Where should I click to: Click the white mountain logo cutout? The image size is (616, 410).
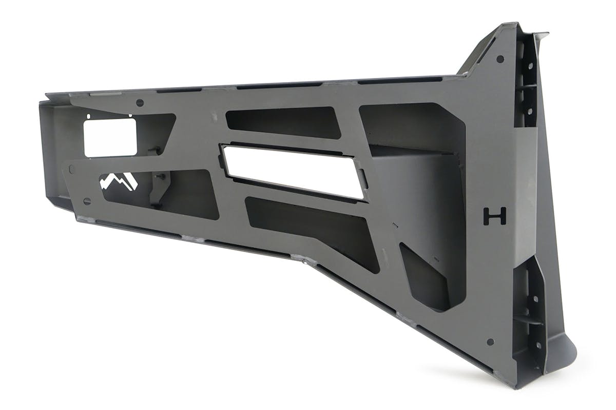pos(118,181)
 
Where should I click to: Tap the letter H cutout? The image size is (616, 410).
pos(495,216)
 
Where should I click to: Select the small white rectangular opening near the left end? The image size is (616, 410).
pos(110,137)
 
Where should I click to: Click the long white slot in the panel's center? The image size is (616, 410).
pos(294,172)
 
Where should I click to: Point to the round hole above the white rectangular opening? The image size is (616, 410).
pos(140,103)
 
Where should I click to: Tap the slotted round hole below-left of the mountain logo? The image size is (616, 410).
pos(87,201)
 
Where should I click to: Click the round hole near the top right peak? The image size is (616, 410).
pos(500,59)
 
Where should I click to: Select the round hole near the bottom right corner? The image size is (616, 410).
pos(490,342)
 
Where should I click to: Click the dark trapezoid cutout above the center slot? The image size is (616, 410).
pos(283,122)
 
